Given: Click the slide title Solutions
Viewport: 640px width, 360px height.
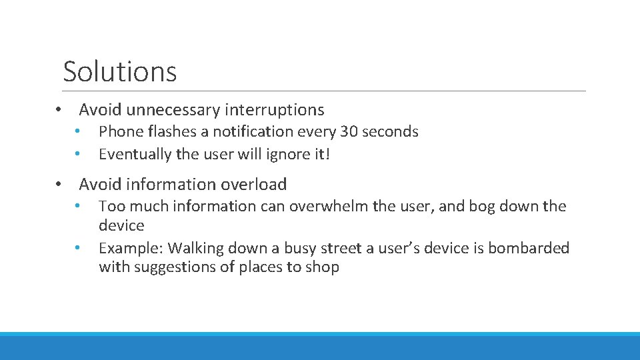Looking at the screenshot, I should point(120,71).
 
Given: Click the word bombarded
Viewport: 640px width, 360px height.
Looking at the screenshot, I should point(529,249).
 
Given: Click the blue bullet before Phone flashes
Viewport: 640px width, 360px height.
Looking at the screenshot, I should point(78,131).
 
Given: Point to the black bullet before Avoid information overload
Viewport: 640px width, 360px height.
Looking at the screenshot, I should point(59,185).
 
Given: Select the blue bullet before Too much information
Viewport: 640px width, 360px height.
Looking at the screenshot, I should point(78,205).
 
